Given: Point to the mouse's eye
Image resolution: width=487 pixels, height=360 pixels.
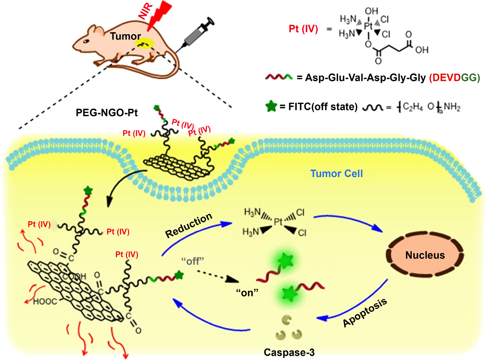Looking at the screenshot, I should (86, 41).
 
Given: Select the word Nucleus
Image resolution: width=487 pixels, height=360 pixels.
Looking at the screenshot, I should (425, 255).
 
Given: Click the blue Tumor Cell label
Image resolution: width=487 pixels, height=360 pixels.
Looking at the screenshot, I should (336, 174).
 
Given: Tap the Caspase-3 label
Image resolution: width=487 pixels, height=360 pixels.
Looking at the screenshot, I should (289, 352).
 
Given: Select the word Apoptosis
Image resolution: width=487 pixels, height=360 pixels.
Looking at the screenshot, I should (365, 313).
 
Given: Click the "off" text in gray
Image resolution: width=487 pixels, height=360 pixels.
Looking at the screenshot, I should (193, 261).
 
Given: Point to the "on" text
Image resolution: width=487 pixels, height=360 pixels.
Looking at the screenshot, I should (247, 293).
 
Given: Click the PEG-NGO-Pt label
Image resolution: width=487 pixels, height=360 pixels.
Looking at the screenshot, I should (107, 113).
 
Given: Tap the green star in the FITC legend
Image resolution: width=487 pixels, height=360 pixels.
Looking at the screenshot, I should (271, 106).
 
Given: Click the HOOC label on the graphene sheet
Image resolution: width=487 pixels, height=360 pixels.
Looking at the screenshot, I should (45, 302).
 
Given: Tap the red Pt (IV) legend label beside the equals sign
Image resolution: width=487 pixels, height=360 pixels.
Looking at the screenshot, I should (303, 29).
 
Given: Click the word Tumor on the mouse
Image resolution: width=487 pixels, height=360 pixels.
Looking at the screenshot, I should (125, 36).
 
